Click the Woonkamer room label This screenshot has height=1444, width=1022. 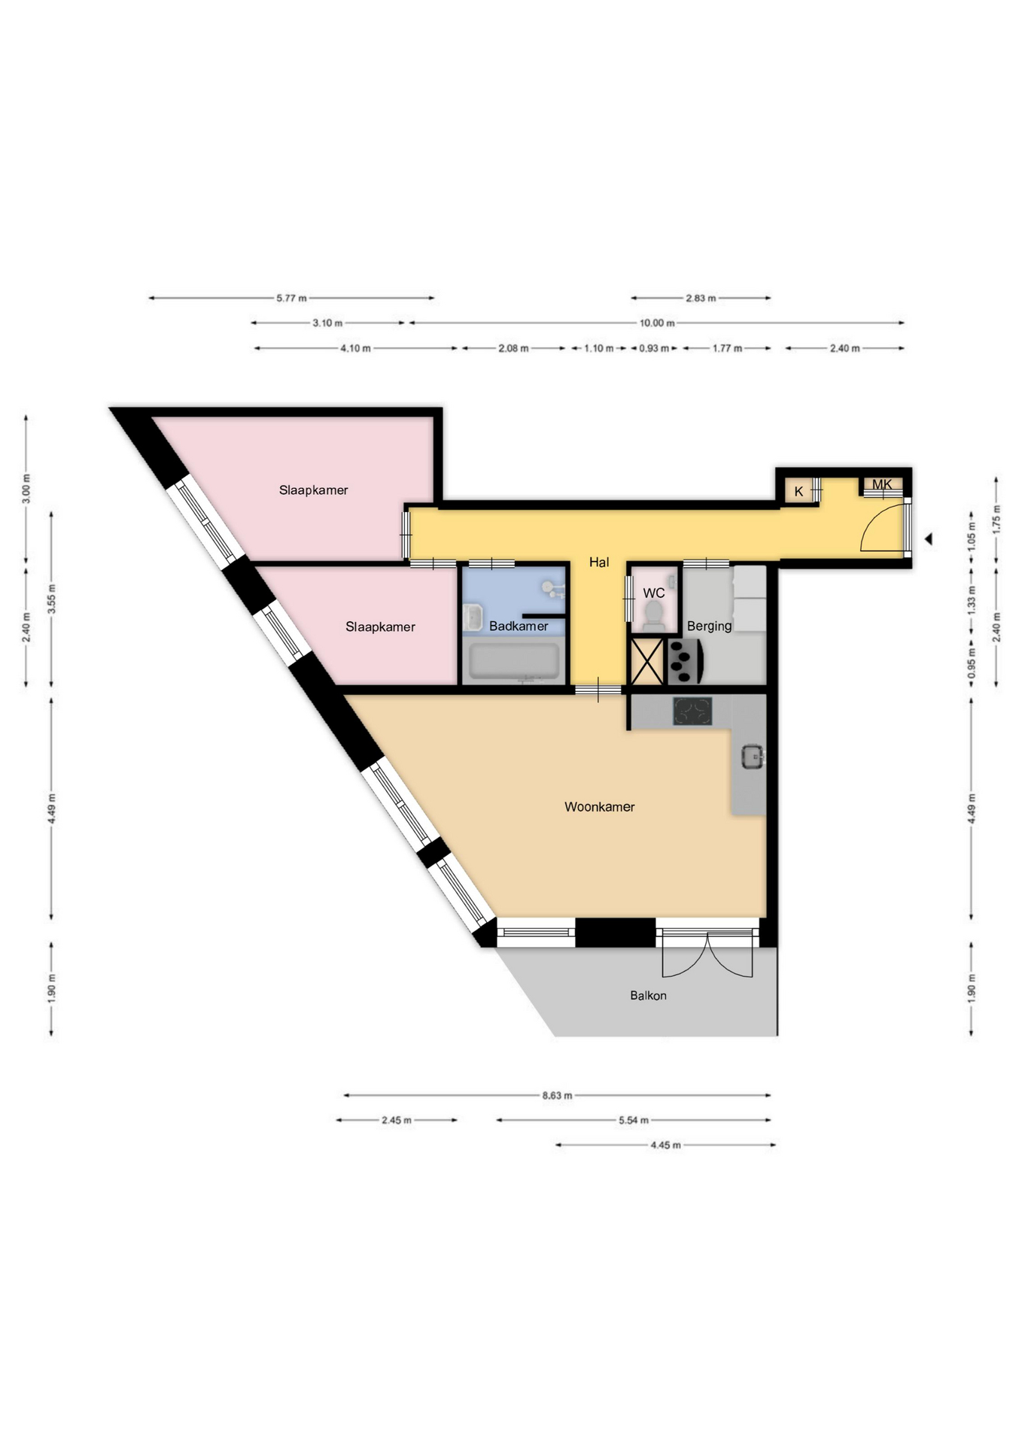[599, 807]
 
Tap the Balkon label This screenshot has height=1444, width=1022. [648, 996]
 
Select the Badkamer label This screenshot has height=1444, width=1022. [519, 626]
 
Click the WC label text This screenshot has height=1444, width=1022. [653, 593]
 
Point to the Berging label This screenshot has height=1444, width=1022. [709, 626]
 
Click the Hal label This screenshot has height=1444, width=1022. [599, 562]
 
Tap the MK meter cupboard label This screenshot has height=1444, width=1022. [882, 484]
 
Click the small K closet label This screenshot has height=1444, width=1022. [798, 492]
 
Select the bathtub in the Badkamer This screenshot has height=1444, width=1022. [515, 661]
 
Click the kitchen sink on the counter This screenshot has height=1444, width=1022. [753, 756]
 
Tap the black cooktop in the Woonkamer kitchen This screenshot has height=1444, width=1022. [692, 711]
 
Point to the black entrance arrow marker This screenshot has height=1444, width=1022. [929, 538]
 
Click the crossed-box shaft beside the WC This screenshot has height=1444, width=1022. [646, 661]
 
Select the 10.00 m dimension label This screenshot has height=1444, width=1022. [657, 323]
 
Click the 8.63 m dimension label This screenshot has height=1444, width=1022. [557, 1096]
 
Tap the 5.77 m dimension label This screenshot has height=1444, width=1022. [291, 299]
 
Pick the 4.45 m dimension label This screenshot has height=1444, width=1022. [665, 1145]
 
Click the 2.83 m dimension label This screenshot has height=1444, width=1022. [701, 299]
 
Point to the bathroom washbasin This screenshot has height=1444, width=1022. [473, 618]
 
